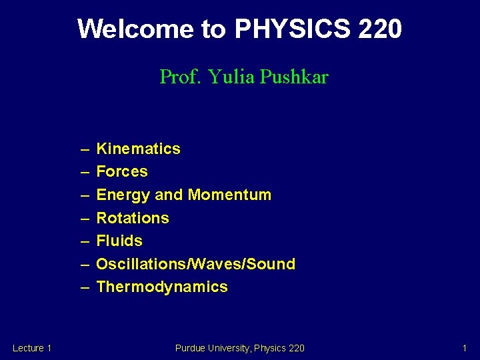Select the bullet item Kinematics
(x=138, y=149)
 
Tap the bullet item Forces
(x=122, y=171)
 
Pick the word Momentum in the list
(x=229, y=195)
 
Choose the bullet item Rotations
(x=133, y=218)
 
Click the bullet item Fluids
(x=119, y=241)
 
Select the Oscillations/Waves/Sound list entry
(x=195, y=264)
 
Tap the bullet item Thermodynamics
(x=162, y=287)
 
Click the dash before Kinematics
(x=85, y=149)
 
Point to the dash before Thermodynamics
(x=85, y=287)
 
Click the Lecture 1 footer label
(x=32, y=348)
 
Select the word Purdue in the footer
(x=190, y=348)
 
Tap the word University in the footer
(x=229, y=348)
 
